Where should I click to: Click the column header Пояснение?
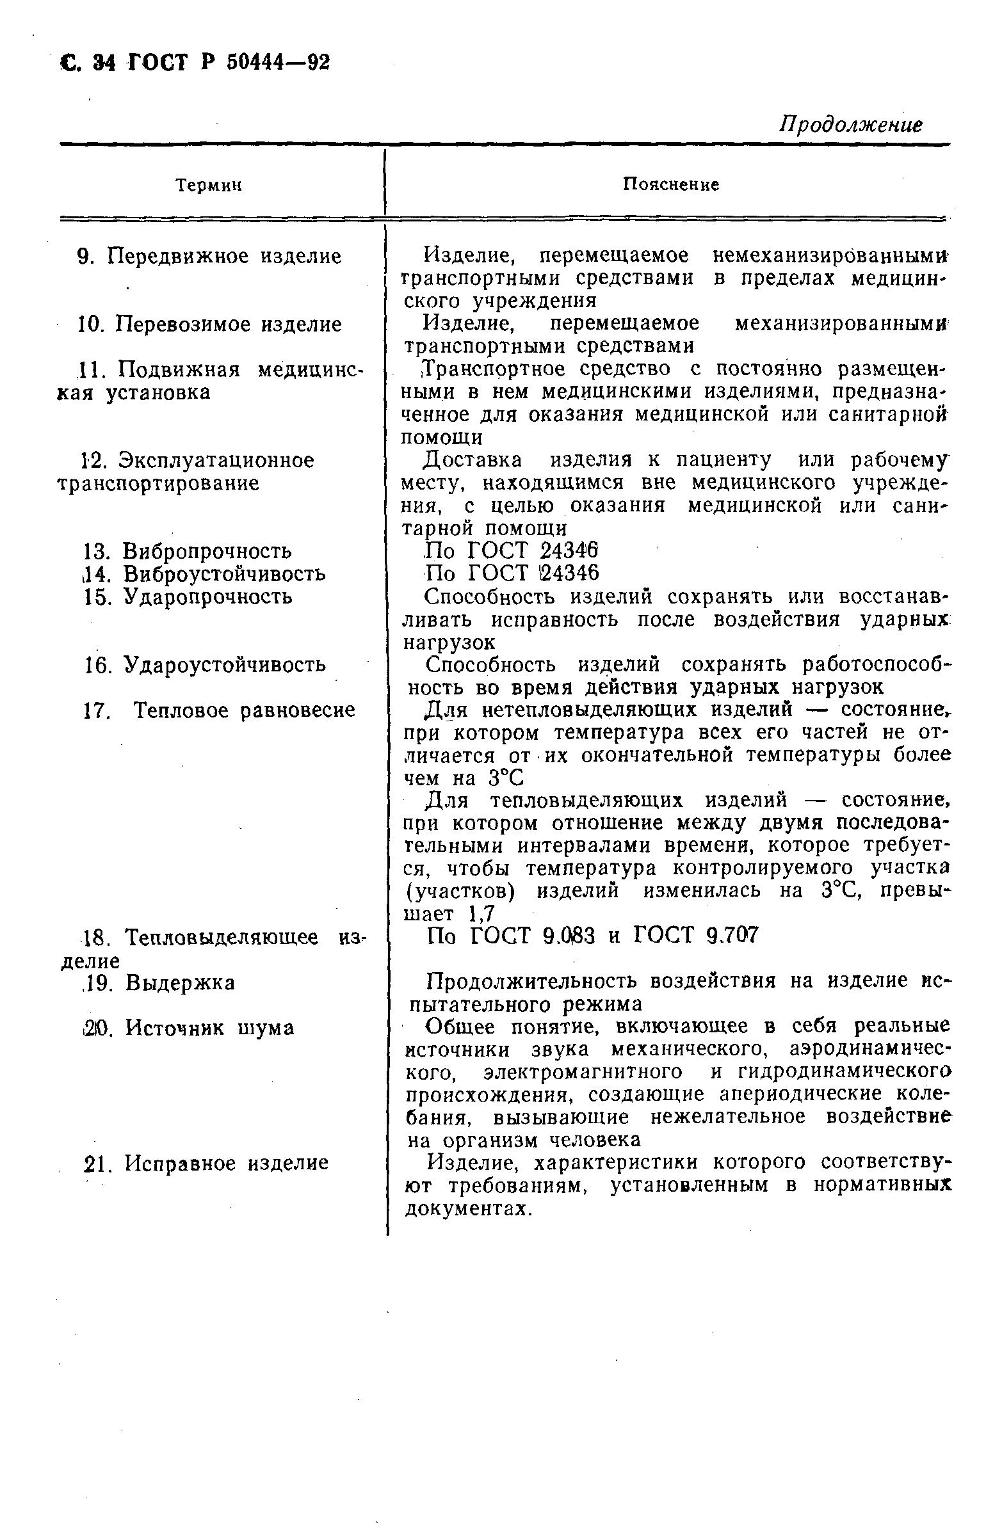(x=671, y=184)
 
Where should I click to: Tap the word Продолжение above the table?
(x=851, y=124)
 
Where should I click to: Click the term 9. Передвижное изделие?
(x=209, y=257)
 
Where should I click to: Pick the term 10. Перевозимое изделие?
(x=209, y=324)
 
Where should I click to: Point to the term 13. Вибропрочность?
(x=188, y=550)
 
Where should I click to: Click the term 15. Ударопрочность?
(x=188, y=596)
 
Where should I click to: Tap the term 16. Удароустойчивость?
(x=205, y=664)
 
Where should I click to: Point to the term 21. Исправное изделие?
(x=206, y=1163)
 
